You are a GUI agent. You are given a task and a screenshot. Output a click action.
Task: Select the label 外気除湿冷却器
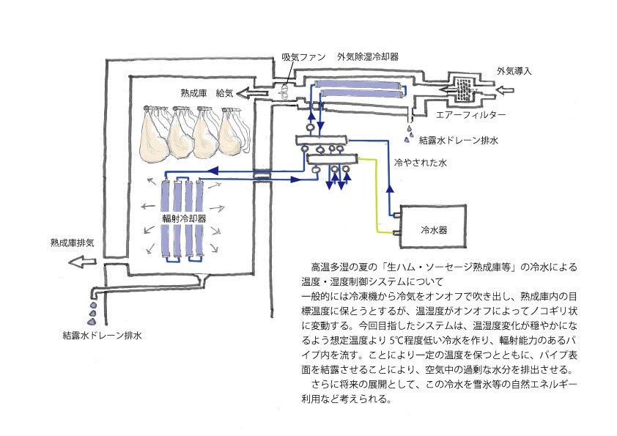coord(368,57)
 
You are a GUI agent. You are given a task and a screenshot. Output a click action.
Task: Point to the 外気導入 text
coord(514,71)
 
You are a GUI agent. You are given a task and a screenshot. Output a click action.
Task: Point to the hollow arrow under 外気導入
coord(508,89)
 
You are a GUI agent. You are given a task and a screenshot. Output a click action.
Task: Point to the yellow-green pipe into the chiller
coord(382,198)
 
